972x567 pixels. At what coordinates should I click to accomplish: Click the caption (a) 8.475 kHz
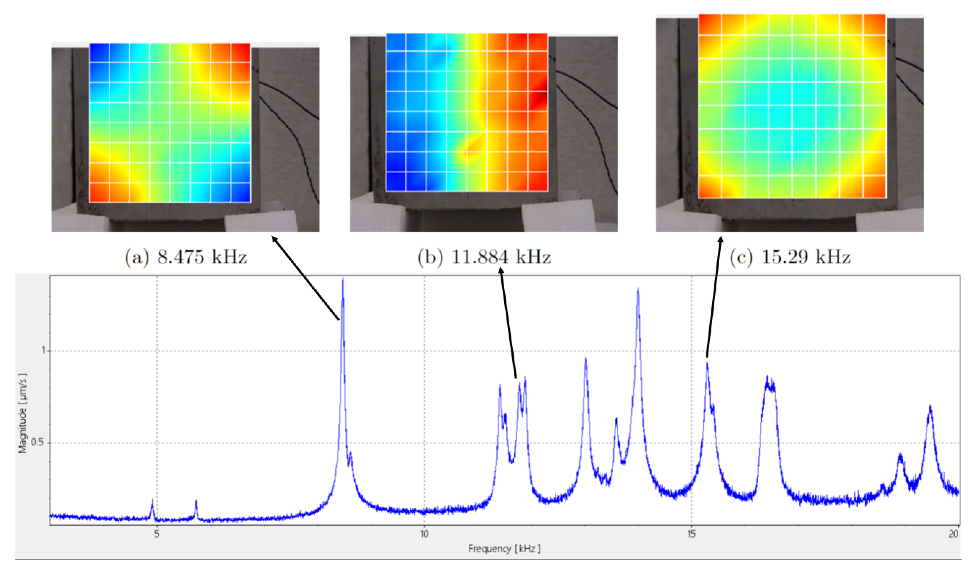tap(185, 257)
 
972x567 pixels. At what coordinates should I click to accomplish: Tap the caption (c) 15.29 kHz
tap(790, 257)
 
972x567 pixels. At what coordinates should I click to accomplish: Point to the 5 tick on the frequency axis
tap(157, 534)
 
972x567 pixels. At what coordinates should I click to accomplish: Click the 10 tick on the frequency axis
tap(424, 534)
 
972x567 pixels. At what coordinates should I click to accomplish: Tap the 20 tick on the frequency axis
tap(953, 534)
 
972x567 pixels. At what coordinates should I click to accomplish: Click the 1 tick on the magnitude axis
tap(43, 351)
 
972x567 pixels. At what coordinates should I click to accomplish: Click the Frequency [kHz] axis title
tap(504, 548)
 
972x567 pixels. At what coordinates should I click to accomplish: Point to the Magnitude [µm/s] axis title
tap(23, 413)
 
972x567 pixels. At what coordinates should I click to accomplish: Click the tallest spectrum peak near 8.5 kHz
tap(343, 279)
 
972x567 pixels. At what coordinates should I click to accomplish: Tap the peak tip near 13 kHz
tap(586, 359)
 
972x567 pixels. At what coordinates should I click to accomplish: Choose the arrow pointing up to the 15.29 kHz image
tap(714, 297)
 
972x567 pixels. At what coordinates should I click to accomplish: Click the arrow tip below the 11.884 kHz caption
tap(501, 270)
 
